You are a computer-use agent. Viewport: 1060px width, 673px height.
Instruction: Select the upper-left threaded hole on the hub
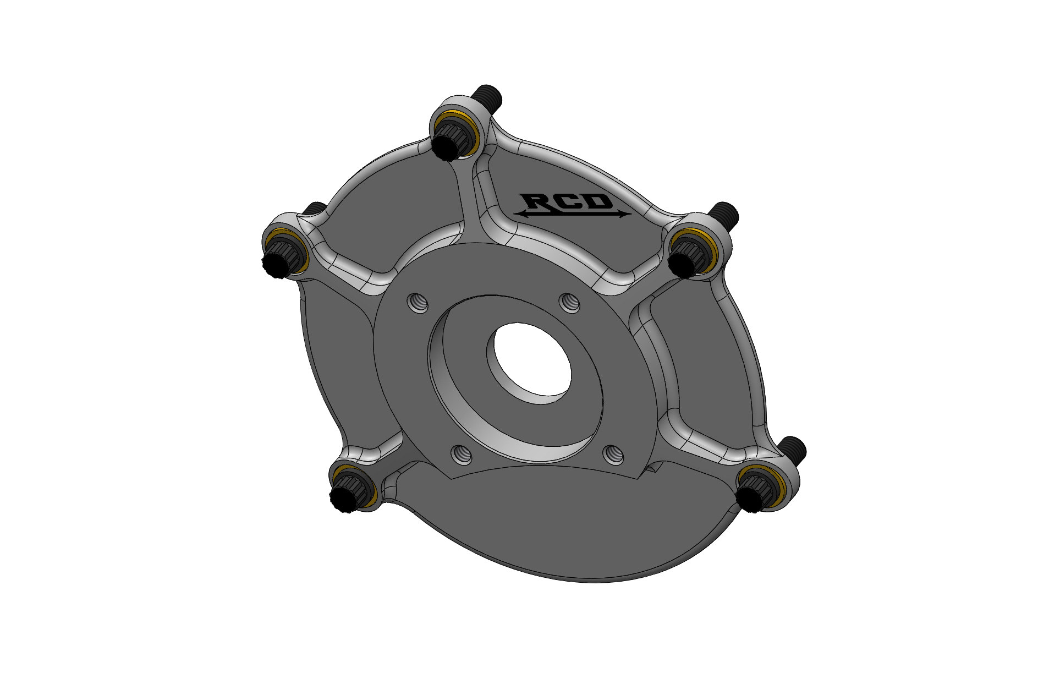tap(418, 302)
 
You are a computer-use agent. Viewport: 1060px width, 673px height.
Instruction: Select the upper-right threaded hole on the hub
tap(570, 302)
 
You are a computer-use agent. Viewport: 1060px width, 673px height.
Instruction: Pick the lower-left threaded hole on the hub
tap(462, 454)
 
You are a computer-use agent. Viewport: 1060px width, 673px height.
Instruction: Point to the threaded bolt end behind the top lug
tap(488, 97)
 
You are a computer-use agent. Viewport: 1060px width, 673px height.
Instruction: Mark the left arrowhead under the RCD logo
tap(520, 214)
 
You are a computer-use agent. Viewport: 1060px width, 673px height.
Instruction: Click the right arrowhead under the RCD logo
tap(625, 215)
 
